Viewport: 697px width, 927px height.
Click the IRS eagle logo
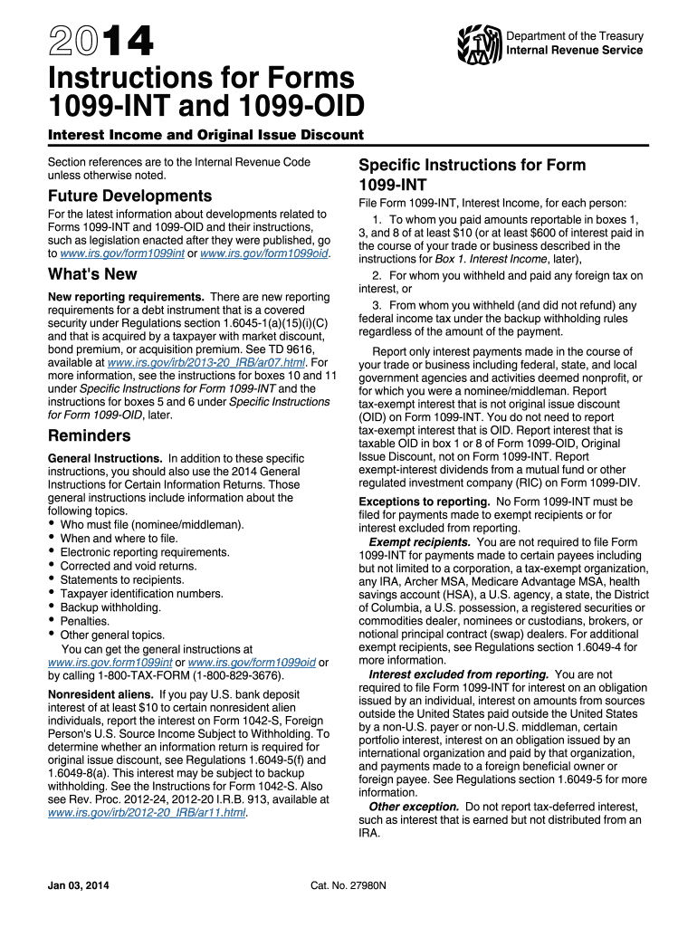pos(480,43)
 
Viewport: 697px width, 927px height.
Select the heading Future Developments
pos(129,196)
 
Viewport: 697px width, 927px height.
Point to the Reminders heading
pos(89,436)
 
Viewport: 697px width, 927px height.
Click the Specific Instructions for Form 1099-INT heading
pos(472,175)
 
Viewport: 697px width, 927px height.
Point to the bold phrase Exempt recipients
pos(419,542)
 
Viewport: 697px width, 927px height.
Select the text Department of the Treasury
pos(575,36)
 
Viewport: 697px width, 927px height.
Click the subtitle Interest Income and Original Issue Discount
pos(205,135)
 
